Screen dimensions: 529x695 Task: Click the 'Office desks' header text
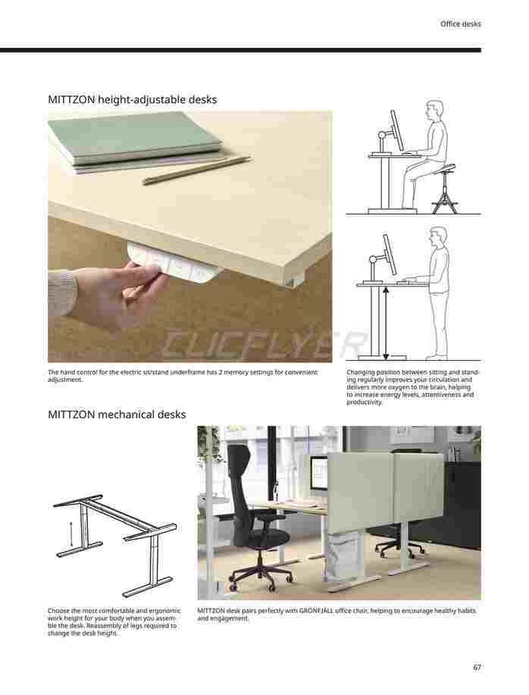(460, 24)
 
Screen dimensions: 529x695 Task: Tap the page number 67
(477, 668)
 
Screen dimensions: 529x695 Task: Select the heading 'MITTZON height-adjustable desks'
(133, 100)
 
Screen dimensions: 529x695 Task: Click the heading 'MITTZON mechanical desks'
(117, 415)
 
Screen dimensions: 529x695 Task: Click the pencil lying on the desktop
(196, 171)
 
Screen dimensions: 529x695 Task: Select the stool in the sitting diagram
(443, 189)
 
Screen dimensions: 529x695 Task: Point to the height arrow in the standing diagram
(386, 323)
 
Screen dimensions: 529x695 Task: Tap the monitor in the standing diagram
(390, 255)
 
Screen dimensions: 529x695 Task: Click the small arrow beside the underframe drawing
(71, 534)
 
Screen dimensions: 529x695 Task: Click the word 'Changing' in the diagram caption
(360, 373)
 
